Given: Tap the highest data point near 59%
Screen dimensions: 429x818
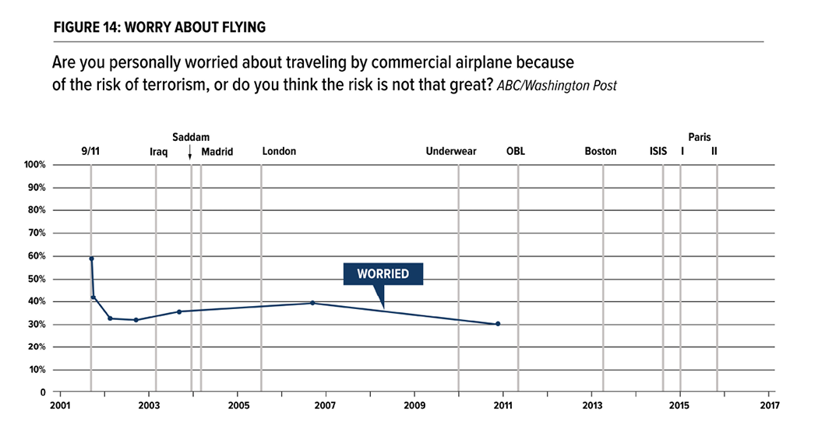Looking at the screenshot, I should point(91,258).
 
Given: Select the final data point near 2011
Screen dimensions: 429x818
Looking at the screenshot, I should point(498,324).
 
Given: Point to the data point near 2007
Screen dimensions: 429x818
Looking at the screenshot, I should point(312,303).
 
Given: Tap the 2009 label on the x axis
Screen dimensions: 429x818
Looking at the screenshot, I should point(414,406).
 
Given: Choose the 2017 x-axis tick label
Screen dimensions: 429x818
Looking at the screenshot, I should point(769,406).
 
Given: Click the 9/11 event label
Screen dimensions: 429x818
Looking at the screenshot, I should point(90,151).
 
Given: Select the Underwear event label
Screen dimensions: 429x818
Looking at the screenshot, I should point(451,151).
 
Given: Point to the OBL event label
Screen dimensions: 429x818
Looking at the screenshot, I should point(516,151).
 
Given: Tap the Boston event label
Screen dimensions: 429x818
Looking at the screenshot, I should point(601,151).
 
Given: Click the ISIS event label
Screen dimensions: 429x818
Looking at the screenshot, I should point(658,151).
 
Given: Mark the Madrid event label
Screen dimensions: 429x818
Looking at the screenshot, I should point(217,151).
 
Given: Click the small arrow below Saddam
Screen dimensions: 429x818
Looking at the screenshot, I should point(190,154).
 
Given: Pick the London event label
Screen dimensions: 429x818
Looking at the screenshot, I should point(279,151).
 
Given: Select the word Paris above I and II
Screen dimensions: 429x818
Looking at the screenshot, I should point(699,137).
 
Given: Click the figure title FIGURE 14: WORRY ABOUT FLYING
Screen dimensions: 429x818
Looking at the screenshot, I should point(160,28).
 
